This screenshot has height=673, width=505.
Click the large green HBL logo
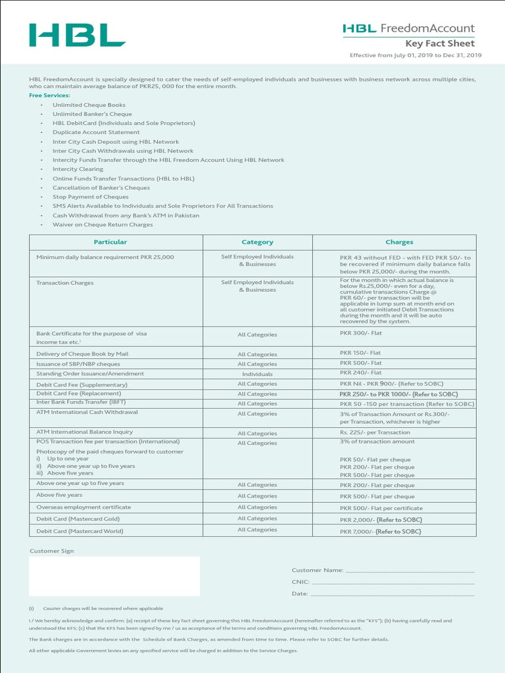click(77, 35)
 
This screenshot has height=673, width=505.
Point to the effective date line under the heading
click(416, 55)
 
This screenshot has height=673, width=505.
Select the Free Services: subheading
click(49, 95)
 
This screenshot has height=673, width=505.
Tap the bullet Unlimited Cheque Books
click(89, 104)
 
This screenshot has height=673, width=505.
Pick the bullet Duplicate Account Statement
click(96, 132)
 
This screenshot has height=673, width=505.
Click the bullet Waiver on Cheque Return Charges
click(103, 225)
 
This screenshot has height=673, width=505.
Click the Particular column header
click(110, 242)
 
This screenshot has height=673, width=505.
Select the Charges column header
click(399, 242)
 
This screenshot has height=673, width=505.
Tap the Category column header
click(257, 242)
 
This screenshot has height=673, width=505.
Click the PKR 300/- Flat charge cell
click(360, 334)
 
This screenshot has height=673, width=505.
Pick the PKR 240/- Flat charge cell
click(360, 373)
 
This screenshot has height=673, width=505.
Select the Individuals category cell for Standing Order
click(257, 374)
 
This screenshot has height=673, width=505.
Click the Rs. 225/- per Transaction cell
click(375, 432)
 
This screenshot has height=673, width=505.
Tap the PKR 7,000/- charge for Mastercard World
click(380, 531)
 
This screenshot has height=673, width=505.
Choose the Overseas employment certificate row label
click(84, 507)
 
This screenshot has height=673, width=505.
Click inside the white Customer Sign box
click(114, 576)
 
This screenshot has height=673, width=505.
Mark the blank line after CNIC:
click(393, 582)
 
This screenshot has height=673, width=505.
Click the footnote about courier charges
click(103, 609)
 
